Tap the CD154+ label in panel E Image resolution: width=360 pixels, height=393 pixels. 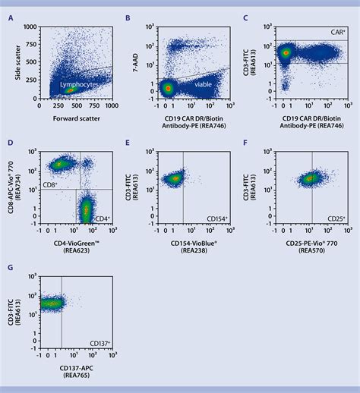point(218,219)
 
